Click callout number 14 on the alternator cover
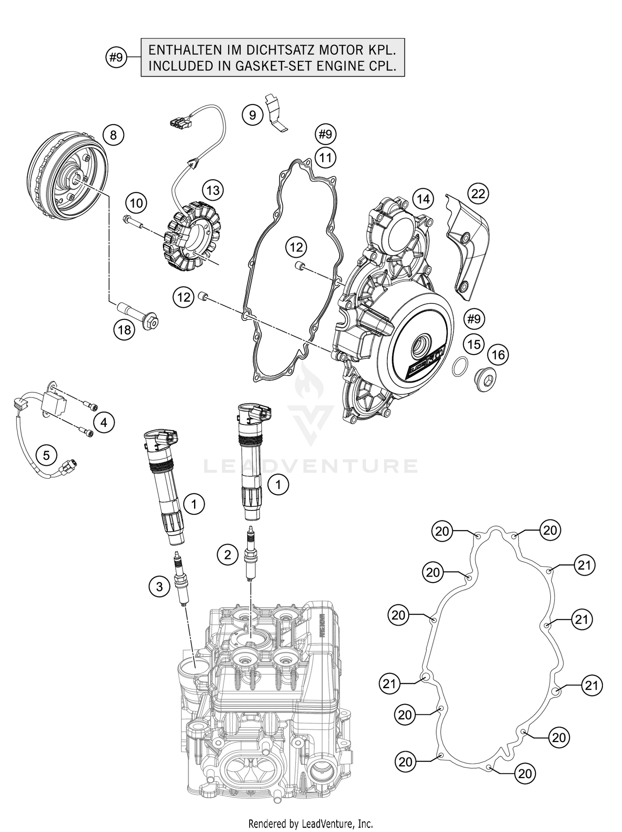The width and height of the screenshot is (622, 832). tap(423, 199)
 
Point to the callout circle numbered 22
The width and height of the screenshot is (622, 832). tap(478, 194)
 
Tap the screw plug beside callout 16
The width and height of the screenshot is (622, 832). tap(486, 379)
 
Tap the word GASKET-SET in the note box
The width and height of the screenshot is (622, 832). tap(288, 66)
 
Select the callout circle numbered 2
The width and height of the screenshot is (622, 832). tap(228, 555)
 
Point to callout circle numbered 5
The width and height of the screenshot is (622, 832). tap(46, 456)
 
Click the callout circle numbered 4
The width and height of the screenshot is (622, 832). tap(104, 422)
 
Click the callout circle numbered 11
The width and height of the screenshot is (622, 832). tap(326, 158)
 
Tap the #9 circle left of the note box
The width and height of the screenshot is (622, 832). tap(117, 58)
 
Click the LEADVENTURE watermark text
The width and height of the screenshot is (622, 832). tap(311, 466)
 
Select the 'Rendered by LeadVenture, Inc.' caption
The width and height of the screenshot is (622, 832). tap(311, 823)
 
